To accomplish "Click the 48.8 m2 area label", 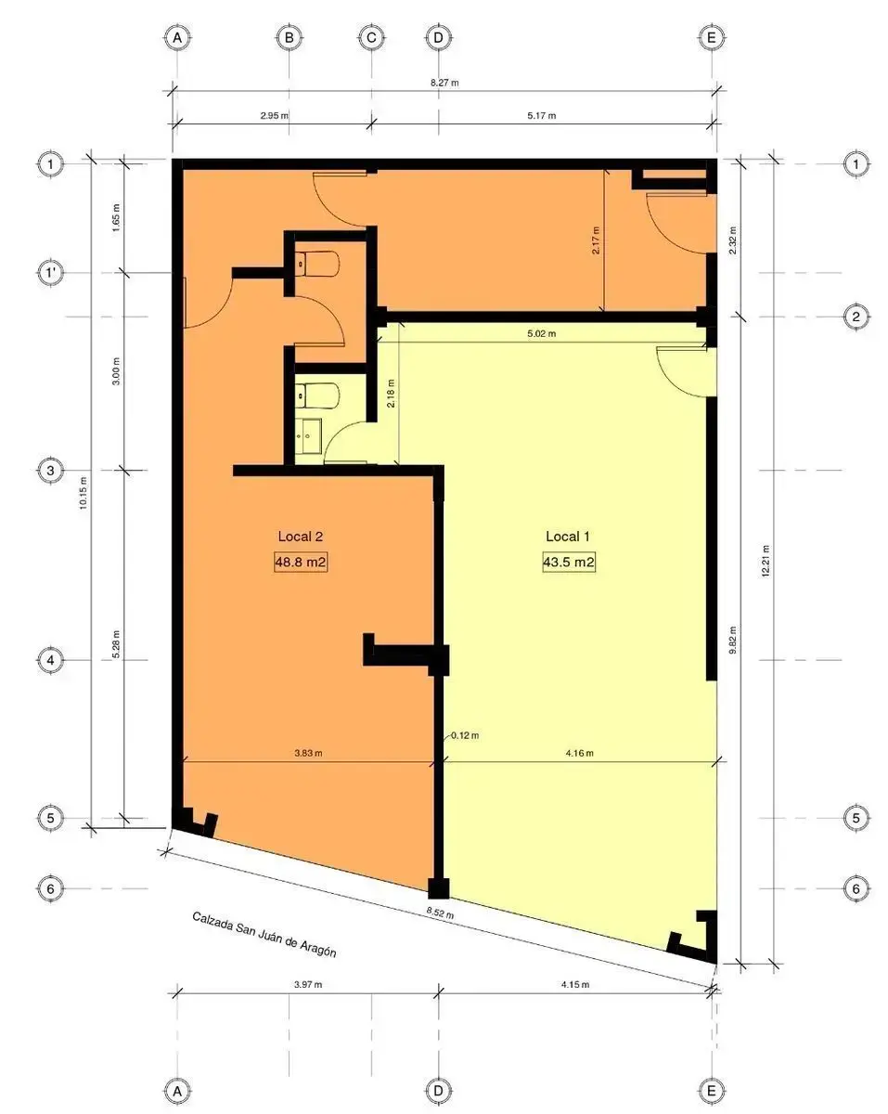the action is pyautogui.click(x=300, y=562).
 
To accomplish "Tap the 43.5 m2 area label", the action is pyautogui.click(x=568, y=562).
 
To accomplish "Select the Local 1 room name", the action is pyautogui.click(x=567, y=537).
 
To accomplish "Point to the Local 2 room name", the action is pyautogui.click(x=300, y=537).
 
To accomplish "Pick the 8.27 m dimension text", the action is pyautogui.click(x=444, y=83).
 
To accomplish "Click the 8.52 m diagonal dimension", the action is pyautogui.click(x=440, y=913).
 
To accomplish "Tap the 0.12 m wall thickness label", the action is pyautogui.click(x=465, y=735).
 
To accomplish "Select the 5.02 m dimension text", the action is pyautogui.click(x=541, y=334).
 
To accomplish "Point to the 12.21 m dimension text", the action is pyautogui.click(x=766, y=561).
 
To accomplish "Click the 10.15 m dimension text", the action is pyautogui.click(x=84, y=493).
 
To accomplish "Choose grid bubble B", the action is pyautogui.click(x=289, y=38).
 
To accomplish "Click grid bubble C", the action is pyautogui.click(x=371, y=38).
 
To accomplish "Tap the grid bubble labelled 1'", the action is pyautogui.click(x=51, y=272).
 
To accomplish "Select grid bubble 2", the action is pyautogui.click(x=856, y=317).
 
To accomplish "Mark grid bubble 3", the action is pyautogui.click(x=51, y=470).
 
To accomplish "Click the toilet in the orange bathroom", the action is pyautogui.click(x=317, y=264).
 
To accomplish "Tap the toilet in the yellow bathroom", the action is pyautogui.click(x=317, y=395).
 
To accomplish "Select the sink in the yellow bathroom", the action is pyautogui.click(x=308, y=436).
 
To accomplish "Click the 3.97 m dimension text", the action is pyautogui.click(x=308, y=985).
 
